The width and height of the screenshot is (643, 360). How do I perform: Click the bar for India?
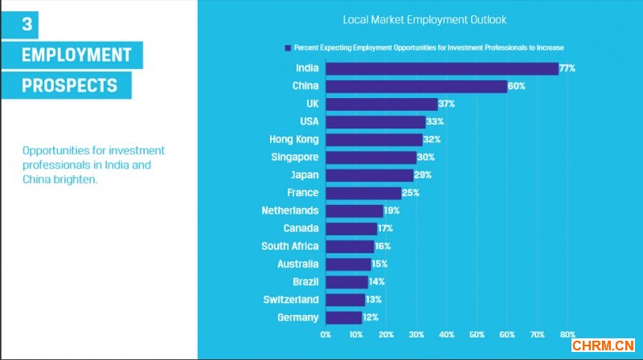tap(442, 69)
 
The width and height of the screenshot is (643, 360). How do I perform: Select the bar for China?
tap(416, 87)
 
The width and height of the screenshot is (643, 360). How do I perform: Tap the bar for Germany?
tap(344, 317)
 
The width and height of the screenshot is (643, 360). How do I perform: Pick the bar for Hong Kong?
tap(374, 140)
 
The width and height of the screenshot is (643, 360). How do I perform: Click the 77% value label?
tap(567, 69)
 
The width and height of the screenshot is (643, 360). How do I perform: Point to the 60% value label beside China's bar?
tap(517, 87)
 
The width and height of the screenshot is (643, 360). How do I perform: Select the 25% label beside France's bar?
tap(411, 193)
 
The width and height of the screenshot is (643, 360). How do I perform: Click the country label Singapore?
tap(295, 157)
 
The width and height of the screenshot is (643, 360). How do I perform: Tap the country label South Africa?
tap(290, 246)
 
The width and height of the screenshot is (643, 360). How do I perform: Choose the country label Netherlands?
tap(290, 211)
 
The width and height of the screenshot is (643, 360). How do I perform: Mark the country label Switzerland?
tap(291, 300)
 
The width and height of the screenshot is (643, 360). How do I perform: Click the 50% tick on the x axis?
tap(477, 334)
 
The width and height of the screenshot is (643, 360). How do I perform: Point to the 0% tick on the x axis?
tap(326, 334)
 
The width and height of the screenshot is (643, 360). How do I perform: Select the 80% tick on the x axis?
tap(567, 334)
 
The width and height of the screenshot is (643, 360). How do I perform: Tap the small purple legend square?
tap(286, 47)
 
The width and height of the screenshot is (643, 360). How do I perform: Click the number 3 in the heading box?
tap(27, 25)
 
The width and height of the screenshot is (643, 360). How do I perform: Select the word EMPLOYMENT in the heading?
tap(76, 55)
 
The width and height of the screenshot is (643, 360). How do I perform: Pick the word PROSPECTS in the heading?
tap(70, 85)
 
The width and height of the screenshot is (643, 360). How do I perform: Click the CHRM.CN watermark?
tap(603, 346)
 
